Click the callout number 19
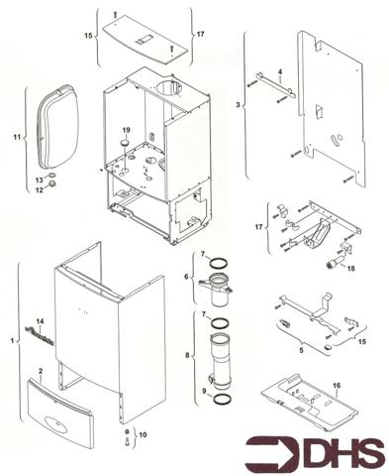click(x=126, y=131)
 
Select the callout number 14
click(x=41, y=322)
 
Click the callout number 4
click(x=280, y=71)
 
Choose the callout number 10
click(x=142, y=434)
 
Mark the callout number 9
click(x=206, y=392)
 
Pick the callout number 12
click(x=40, y=190)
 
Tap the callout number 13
click(x=40, y=179)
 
